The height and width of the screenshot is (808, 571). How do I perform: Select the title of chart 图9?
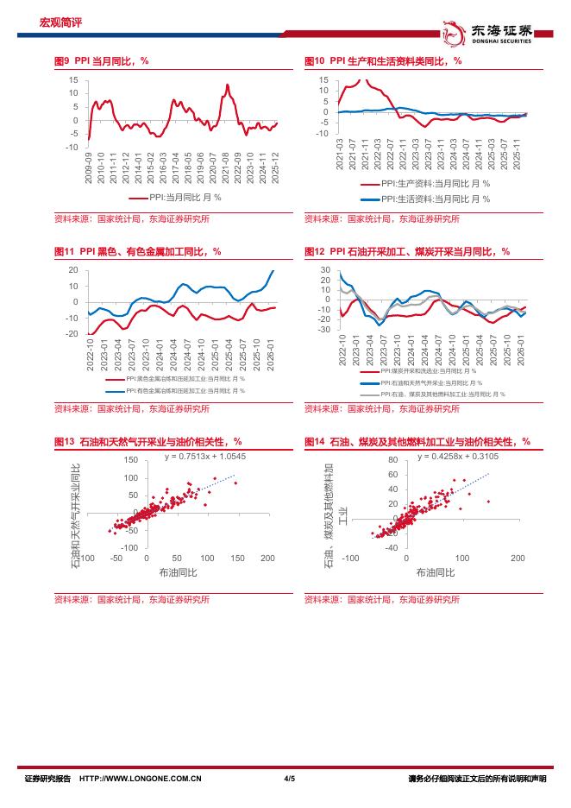click(101, 60)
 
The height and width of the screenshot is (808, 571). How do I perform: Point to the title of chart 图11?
click(138, 251)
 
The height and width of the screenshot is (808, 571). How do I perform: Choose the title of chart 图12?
click(407, 251)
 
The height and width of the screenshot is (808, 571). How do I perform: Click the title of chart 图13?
click(147, 441)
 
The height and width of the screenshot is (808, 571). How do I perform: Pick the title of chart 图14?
click(417, 441)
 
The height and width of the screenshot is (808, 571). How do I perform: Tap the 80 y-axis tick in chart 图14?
click(392, 460)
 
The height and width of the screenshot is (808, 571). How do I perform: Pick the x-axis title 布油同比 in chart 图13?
click(179, 572)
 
